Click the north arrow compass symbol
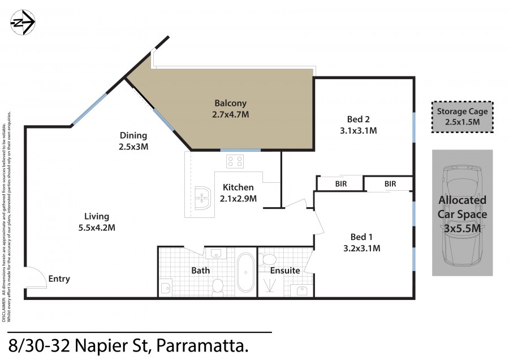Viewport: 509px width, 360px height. point(23,22)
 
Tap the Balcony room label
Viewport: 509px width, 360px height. point(231,104)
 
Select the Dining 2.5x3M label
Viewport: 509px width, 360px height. point(133,141)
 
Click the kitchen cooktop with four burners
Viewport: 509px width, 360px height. point(235,161)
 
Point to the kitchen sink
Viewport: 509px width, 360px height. point(202,199)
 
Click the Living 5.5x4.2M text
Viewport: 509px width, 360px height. point(97,222)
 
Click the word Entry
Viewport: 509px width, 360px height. point(59,278)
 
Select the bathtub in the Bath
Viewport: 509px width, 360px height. point(246,272)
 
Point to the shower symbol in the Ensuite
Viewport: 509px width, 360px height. point(269,285)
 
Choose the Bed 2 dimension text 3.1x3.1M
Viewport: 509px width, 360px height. point(359,131)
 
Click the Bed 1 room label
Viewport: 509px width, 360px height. point(361,237)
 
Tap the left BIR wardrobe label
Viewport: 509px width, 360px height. point(341,184)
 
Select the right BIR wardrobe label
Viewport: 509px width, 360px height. point(390,184)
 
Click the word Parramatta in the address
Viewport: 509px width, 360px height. point(202,346)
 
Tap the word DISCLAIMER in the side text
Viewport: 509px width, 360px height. point(4,311)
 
